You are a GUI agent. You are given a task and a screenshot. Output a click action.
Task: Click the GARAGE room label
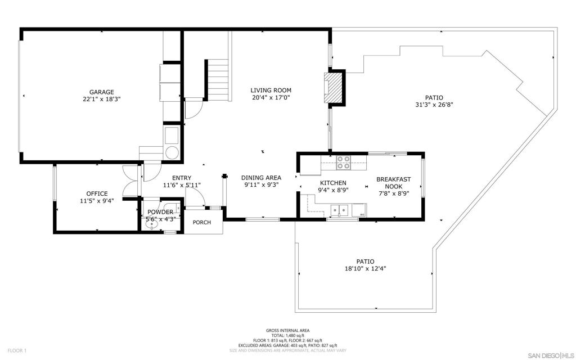(102, 92)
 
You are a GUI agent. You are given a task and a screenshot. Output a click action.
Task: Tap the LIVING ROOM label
(271, 91)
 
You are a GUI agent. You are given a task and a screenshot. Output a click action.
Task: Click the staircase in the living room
(218, 81)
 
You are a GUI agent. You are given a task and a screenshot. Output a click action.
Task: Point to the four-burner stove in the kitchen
(344, 163)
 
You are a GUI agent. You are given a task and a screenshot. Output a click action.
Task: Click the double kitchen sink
(339, 210)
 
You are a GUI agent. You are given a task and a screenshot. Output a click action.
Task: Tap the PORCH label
(202, 222)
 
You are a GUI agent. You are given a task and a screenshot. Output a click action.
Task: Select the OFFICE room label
(97, 193)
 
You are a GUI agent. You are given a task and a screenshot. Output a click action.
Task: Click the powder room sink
(151, 226)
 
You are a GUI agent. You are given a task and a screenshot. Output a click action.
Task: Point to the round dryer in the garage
(172, 152)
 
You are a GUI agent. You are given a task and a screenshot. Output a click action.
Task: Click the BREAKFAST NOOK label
(393, 183)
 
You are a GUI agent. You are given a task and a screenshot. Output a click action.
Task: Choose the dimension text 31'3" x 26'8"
(434, 105)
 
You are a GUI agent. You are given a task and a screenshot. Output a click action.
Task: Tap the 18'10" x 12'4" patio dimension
(365, 268)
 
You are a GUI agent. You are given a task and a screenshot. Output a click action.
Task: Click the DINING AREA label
(261, 178)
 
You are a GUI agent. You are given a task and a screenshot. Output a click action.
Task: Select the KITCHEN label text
(333, 183)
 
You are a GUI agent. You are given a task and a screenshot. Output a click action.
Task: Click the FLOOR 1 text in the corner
(17, 351)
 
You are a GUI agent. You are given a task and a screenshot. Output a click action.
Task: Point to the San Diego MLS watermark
(551, 355)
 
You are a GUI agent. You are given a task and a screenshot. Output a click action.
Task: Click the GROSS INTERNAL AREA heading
(287, 331)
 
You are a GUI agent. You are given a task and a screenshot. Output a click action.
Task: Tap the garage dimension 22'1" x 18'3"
(102, 99)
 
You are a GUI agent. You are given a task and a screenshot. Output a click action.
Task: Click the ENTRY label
(182, 178)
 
